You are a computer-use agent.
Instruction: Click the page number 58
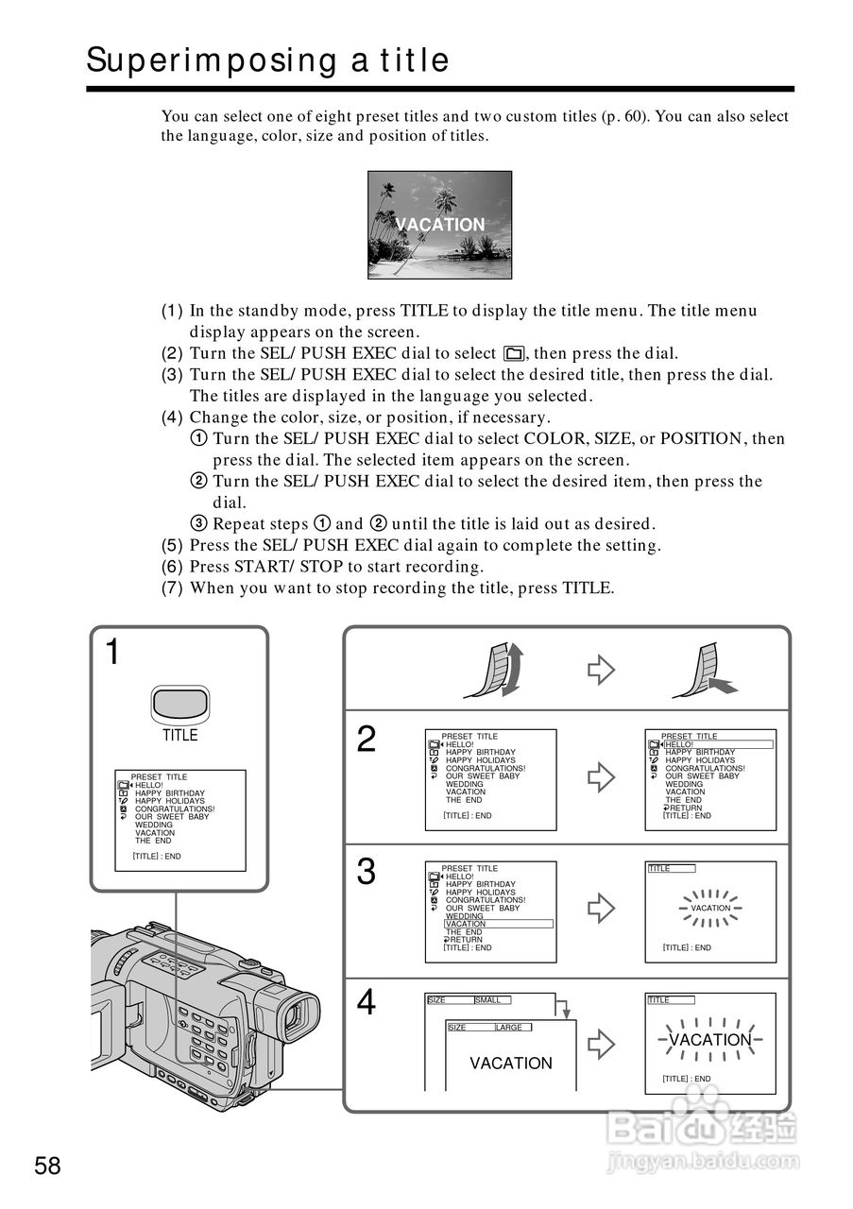pyautogui.click(x=47, y=1166)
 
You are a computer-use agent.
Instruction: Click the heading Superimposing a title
pyautogui.click(x=267, y=60)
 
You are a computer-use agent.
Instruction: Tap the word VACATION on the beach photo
pyautogui.click(x=439, y=225)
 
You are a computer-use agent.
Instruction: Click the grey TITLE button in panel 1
pyautogui.click(x=179, y=704)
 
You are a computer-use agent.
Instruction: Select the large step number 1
pyautogui.click(x=112, y=652)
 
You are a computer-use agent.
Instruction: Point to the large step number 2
pyautogui.click(x=366, y=740)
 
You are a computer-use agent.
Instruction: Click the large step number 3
pyautogui.click(x=366, y=872)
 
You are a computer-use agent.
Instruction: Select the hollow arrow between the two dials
pyautogui.click(x=601, y=670)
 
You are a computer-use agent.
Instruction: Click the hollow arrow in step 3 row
pyautogui.click(x=601, y=909)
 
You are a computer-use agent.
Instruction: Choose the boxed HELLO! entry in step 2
pyautogui.click(x=718, y=744)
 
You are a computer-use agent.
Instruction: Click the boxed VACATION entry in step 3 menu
pyautogui.click(x=498, y=924)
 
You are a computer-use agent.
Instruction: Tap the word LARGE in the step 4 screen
pyautogui.click(x=509, y=1028)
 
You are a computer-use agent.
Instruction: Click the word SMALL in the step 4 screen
pyautogui.click(x=488, y=999)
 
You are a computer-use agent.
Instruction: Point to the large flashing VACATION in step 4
pyautogui.click(x=710, y=1040)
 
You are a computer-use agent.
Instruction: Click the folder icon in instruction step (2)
pyautogui.click(x=514, y=354)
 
